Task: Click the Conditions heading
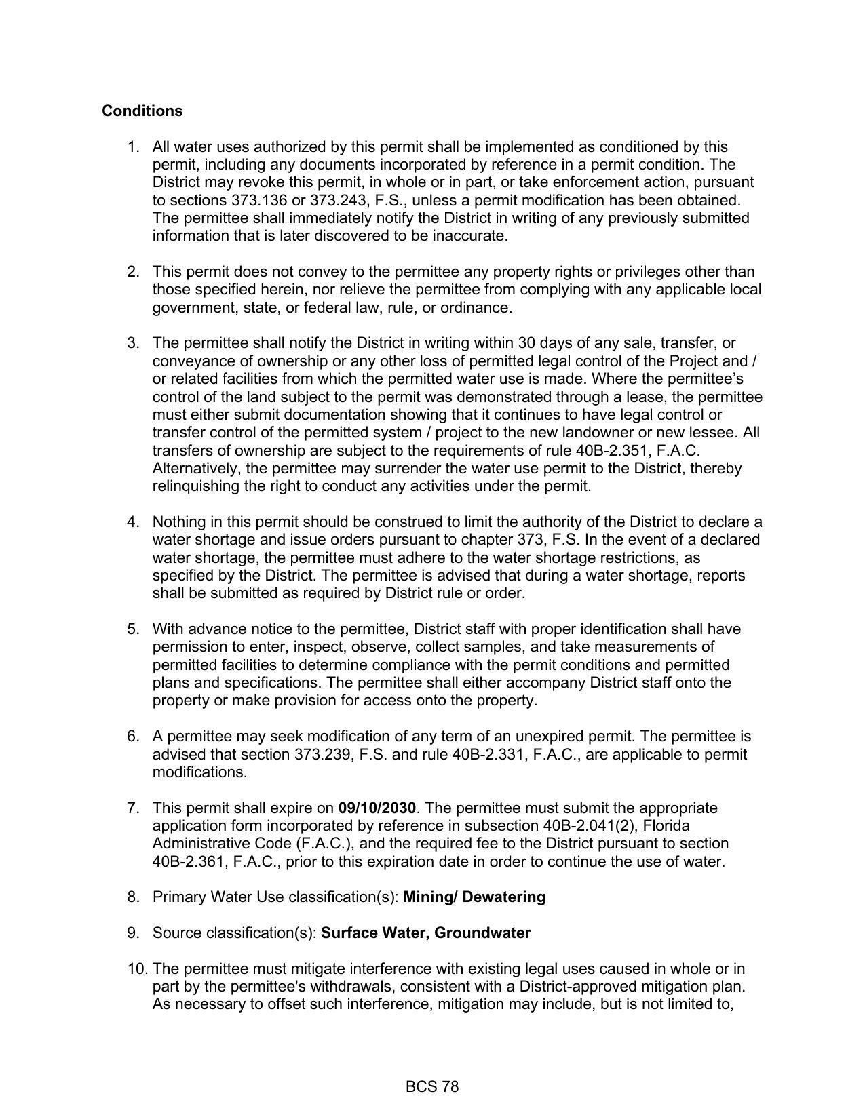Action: point(142,111)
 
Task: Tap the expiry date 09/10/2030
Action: point(377,808)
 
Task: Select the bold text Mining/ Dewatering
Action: point(474,897)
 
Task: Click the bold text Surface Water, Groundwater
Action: point(425,932)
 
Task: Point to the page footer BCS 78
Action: point(432,1086)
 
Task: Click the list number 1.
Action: point(133,147)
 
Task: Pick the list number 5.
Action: point(133,629)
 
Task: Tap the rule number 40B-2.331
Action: point(488,754)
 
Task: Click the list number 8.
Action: point(133,897)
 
